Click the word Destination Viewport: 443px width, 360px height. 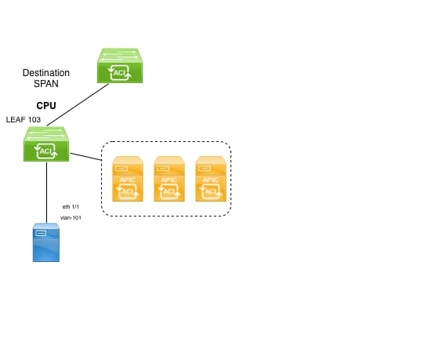click(x=46, y=73)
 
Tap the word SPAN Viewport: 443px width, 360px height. click(x=46, y=84)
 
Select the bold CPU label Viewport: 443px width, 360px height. click(x=46, y=106)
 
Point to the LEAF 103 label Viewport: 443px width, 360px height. click(x=24, y=119)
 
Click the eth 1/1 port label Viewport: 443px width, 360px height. click(x=71, y=207)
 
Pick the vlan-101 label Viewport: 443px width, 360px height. click(x=71, y=217)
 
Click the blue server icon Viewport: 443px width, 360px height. click(x=46, y=242)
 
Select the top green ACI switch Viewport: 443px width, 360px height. click(x=120, y=66)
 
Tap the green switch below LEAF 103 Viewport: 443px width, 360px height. click(x=46, y=144)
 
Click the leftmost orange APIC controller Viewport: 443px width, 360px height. click(x=128, y=179)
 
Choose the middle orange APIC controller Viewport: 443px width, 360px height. click(x=169, y=179)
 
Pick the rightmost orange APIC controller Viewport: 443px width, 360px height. click(x=211, y=179)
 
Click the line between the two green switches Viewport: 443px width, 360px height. click(x=78, y=105)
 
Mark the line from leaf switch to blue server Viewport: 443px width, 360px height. click(x=46, y=192)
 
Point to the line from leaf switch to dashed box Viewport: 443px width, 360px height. click(x=85, y=157)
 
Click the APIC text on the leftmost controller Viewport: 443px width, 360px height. click(x=128, y=180)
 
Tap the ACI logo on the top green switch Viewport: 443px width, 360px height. click(x=120, y=73)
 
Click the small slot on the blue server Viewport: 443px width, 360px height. click(x=42, y=233)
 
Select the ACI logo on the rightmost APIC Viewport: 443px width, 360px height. click(x=211, y=191)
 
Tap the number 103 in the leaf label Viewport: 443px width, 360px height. click(x=34, y=119)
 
